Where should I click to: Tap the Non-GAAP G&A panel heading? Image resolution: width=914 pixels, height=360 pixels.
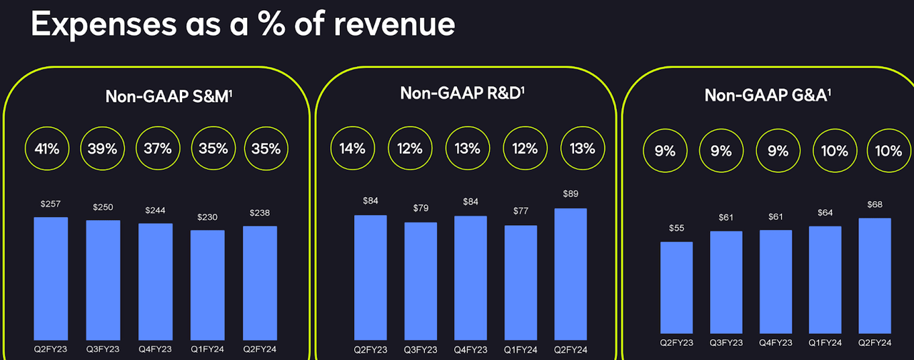point(768,95)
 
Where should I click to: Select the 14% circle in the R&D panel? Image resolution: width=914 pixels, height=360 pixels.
point(352,149)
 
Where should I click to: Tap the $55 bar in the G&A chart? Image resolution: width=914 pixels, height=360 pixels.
point(677,289)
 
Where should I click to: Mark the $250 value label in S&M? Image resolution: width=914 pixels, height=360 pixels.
point(103,207)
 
